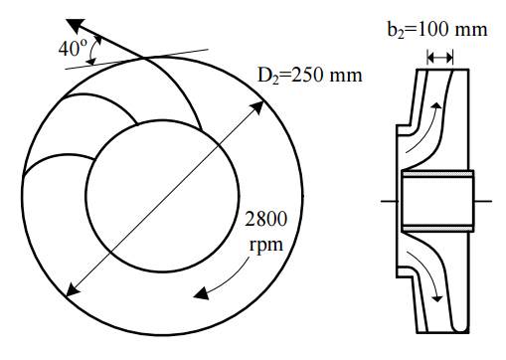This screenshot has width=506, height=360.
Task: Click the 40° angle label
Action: [x=73, y=49]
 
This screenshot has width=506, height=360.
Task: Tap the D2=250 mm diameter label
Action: [x=310, y=76]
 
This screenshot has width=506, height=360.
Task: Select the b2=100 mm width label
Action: [x=437, y=30]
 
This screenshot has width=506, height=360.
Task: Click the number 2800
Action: [x=265, y=219]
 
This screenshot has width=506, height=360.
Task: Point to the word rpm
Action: [x=266, y=245]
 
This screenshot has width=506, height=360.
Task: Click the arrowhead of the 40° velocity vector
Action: [x=76, y=25]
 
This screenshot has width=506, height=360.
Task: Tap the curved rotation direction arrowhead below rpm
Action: [x=201, y=293]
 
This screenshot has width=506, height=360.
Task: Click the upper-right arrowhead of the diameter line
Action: [x=257, y=108]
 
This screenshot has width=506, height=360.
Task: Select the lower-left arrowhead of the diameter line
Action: [x=74, y=289]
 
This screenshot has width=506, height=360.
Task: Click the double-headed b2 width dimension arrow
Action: [x=439, y=58]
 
